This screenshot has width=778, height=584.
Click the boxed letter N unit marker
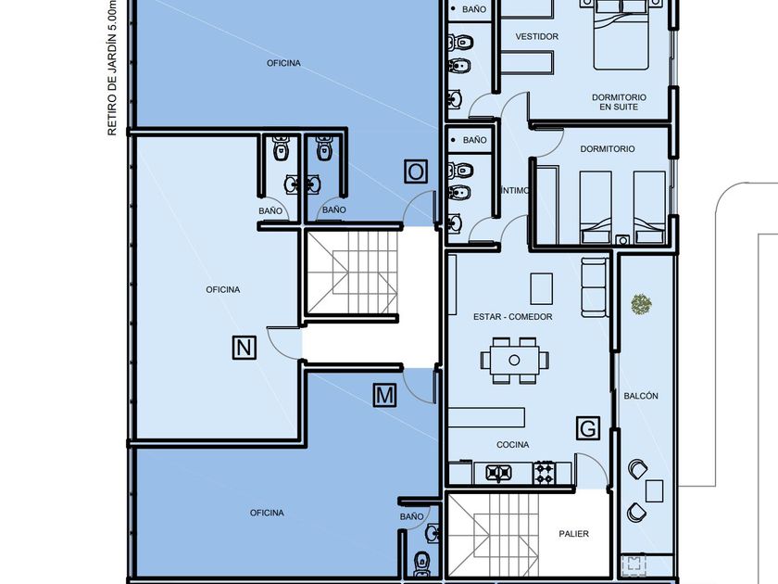(x=245, y=347)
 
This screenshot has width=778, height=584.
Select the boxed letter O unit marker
(x=416, y=171)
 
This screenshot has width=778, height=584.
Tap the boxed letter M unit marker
(x=384, y=395)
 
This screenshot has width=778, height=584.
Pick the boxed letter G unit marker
(x=588, y=428)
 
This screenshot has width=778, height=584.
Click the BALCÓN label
(x=641, y=396)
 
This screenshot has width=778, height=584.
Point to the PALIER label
(x=573, y=534)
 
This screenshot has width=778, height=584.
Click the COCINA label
(x=512, y=444)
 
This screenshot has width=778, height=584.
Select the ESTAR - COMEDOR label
(x=512, y=317)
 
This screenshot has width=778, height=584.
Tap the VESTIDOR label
(x=537, y=36)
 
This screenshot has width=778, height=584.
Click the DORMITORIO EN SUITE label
(x=619, y=102)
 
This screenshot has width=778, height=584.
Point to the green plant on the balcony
(x=641, y=304)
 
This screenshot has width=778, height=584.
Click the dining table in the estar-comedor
(x=515, y=360)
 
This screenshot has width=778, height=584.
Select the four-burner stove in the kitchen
(x=544, y=472)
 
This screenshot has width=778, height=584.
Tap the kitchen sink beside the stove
(x=498, y=472)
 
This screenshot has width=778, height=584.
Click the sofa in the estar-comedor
(x=595, y=287)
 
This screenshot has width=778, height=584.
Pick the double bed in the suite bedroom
(x=621, y=35)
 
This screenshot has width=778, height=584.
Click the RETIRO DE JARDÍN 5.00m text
(x=112, y=68)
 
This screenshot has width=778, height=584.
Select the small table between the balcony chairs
(x=655, y=490)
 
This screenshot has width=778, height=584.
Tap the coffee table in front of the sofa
(x=541, y=288)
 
